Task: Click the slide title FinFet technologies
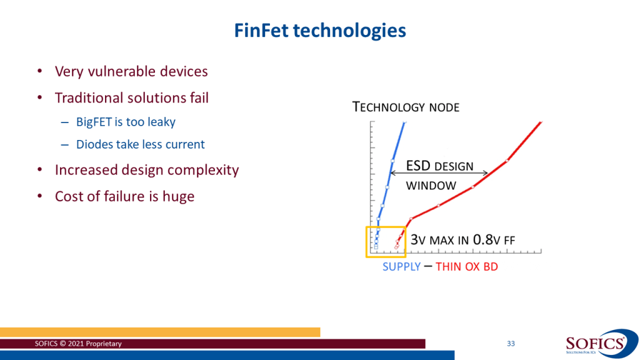coord(319,30)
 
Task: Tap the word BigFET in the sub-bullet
coord(94,122)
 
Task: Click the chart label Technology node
coord(406,107)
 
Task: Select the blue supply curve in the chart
coord(391,169)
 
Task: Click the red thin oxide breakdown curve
coord(472,187)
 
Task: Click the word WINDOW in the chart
coord(431,186)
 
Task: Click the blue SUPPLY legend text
coord(401,267)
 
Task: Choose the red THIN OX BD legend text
coord(466,267)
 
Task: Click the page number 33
coord(511,344)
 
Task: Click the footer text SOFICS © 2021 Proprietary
coord(79,344)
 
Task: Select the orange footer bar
coord(160,332)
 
